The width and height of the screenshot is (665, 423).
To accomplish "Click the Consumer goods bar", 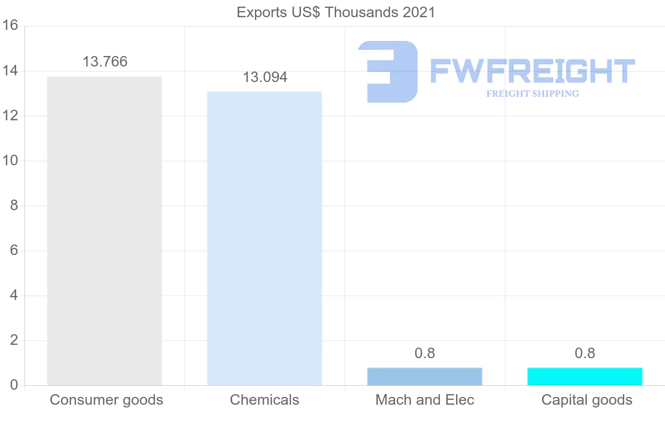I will tap(104, 231).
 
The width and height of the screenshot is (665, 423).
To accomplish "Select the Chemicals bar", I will tap(264, 238).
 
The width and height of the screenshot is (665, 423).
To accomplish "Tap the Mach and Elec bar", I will tap(424, 376).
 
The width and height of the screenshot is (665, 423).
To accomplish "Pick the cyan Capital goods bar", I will tap(585, 376).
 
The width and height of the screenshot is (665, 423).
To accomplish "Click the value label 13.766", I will tap(105, 62).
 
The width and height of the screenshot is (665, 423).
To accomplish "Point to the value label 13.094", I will tap(265, 77).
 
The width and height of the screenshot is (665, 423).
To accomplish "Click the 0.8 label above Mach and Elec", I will tap(424, 353).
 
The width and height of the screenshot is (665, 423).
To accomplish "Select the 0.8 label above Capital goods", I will tap(585, 353).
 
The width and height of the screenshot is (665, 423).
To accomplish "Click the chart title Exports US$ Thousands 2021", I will tap(336, 12).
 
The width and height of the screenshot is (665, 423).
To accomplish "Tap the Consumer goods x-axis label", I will tap(106, 400).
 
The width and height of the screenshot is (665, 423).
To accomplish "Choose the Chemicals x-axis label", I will tap(264, 400).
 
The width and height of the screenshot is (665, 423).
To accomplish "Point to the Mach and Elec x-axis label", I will tap(424, 400).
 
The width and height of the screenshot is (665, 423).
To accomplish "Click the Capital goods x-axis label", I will tap(586, 400).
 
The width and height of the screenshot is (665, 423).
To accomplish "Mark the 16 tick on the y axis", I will tap(11, 26).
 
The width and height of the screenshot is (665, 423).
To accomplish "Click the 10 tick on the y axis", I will tap(11, 161).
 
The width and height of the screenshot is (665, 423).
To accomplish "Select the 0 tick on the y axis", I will tap(14, 385).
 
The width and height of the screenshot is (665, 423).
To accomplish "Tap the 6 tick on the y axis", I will tap(14, 251).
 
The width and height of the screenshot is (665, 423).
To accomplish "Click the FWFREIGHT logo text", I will tap(532, 72).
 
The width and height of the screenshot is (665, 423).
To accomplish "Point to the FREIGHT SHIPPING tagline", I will tap(533, 94).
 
